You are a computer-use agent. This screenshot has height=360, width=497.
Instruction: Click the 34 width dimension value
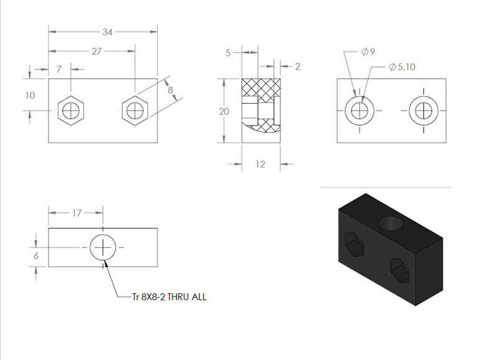(107, 32)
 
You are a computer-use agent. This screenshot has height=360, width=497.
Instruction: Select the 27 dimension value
(96, 52)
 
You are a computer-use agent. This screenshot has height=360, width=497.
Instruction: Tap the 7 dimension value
(58, 70)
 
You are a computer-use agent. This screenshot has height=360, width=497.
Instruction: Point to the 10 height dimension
(30, 96)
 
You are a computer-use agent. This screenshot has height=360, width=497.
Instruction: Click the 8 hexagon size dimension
(170, 90)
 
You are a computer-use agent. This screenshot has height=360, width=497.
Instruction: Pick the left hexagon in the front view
(71, 111)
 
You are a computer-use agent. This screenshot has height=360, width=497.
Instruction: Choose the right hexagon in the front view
(135, 111)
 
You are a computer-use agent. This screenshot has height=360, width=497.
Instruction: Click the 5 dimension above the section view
(228, 53)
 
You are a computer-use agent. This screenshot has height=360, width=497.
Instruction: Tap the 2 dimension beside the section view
(298, 66)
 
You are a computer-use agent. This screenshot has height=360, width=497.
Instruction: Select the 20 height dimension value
(224, 112)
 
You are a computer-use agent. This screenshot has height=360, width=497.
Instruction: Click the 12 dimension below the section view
(260, 164)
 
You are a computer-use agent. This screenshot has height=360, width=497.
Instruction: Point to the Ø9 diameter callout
(368, 52)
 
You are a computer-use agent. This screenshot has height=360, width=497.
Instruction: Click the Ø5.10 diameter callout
(402, 67)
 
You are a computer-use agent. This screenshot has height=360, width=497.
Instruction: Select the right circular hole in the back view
(424, 111)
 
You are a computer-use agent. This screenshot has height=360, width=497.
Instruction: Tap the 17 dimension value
(76, 213)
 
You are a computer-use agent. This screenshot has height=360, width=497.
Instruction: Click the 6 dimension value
(36, 256)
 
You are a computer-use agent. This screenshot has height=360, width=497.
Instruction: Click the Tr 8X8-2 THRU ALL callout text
(170, 297)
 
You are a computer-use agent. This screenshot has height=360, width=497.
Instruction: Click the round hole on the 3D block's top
(391, 223)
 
